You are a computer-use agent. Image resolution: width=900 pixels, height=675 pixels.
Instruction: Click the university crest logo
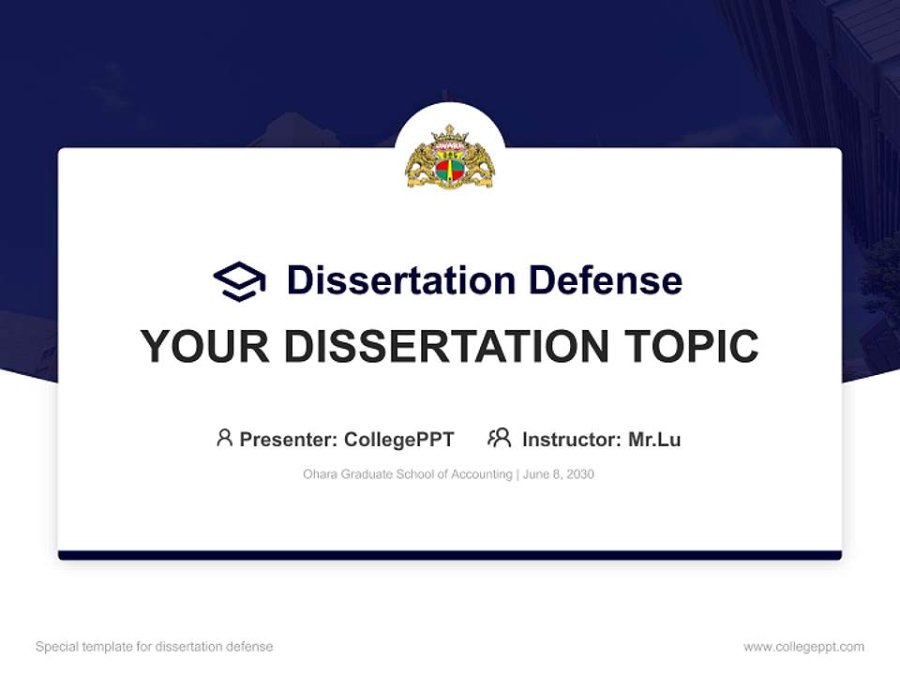pos(450,157)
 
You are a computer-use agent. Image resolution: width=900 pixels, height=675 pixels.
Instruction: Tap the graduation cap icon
pos(239,280)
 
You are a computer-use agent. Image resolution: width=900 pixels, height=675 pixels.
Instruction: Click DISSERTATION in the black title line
pos(445,346)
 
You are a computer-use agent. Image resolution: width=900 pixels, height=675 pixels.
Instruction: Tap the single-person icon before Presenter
pos(224,438)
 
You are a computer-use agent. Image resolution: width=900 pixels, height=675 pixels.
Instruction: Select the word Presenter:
pos(289,439)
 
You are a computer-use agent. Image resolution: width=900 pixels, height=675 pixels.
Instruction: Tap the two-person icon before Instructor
pos(499,438)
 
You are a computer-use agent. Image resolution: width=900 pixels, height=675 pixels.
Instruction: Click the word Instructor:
pos(571,439)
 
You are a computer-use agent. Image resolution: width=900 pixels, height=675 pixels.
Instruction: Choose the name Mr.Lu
pos(654,439)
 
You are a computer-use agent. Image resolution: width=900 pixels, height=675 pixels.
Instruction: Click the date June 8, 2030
pos(559,474)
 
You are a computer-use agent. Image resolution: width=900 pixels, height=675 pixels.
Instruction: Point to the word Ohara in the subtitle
pos(320,474)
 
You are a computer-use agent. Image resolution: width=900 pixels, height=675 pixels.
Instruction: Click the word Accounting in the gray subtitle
pos(483,474)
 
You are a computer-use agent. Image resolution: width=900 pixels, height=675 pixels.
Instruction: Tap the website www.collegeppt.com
pos(803,647)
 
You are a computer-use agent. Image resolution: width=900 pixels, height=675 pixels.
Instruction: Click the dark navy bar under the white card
pos(450,555)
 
